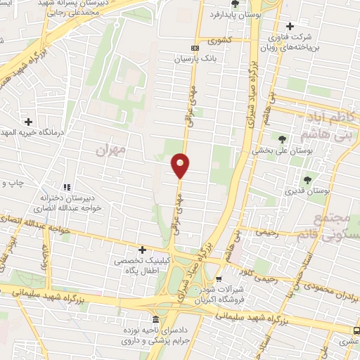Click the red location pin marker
coord(180,165)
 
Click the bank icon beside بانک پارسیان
coord(195,49)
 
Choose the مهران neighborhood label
coord(112,150)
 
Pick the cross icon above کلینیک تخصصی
coord(143,250)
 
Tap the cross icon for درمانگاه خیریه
coord(28,121)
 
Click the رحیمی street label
coord(269,231)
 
